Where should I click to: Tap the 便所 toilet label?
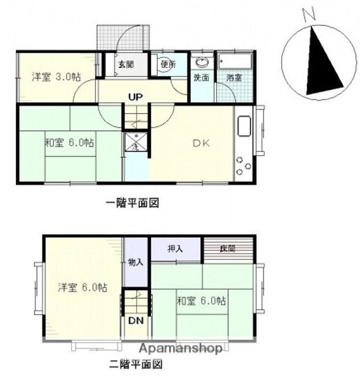point(168,65)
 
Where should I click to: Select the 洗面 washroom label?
point(201,77)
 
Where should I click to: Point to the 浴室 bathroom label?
point(234,77)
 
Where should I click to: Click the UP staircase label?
point(134,97)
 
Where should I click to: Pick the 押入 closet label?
point(175,249)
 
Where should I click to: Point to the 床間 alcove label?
point(228,249)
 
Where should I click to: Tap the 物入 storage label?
point(135,262)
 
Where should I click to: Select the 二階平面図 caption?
point(135,365)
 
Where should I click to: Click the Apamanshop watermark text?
point(181,349)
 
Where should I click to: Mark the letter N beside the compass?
point(307,15)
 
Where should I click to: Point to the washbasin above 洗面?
point(202,61)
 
